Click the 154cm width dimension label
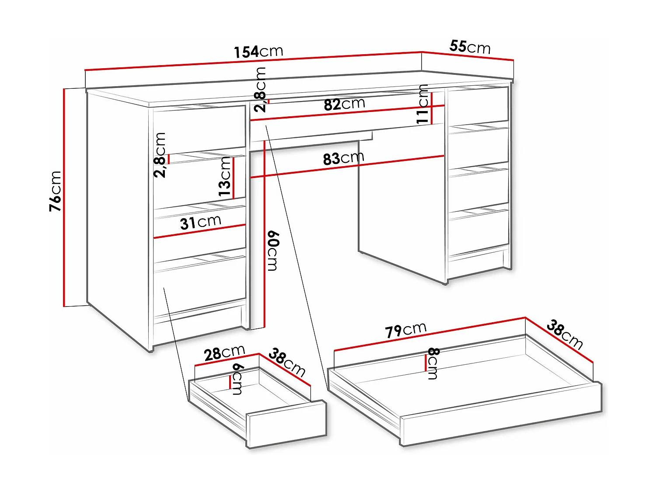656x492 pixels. [258, 52]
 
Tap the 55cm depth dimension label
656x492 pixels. [470, 46]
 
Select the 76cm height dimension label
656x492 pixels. [56, 191]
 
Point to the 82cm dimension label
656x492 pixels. [344, 105]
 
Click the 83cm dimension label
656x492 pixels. [343, 158]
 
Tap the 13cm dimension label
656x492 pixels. [225, 176]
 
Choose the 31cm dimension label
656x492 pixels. [200, 222]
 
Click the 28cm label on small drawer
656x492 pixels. [224, 352]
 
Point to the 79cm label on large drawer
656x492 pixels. [405, 330]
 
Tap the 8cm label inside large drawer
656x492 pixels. [433, 363]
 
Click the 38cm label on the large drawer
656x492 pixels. [565, 335]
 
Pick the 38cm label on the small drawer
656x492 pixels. [286, 362]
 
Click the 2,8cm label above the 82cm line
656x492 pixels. [260, 90]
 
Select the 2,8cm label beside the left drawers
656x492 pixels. [160, 155]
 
